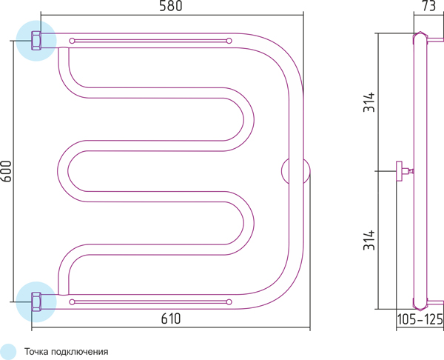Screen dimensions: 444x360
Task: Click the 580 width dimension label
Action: tap(170, 6)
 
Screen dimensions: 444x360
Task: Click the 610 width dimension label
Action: tap(171, 319)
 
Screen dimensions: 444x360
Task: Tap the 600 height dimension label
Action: tap(6, 171)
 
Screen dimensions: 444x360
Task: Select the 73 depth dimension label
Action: tap(429, 6)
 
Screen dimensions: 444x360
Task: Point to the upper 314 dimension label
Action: tap(369, 102)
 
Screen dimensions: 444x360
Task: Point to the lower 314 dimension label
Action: tap(369, 240)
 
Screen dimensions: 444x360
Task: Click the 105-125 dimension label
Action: tap(420, 319)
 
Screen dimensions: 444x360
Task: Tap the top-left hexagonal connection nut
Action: tap(36, 41)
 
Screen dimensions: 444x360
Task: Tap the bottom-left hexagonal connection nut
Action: tap(36, 302)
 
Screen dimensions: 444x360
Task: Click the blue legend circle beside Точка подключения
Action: tap(8, 352)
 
